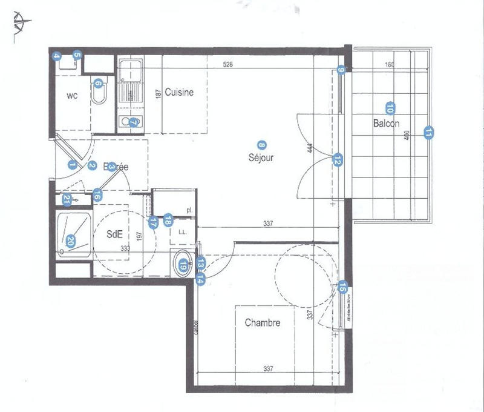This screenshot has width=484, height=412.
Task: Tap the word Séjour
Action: tap(261, 158)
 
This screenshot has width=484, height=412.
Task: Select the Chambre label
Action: tap(262, 323)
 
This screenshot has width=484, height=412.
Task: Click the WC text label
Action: tap(71, 96)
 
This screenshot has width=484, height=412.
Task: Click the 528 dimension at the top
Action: tap(227, 64)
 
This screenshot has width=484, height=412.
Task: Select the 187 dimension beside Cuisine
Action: tap(158, 95)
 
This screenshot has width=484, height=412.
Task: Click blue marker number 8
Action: tap(261, 145)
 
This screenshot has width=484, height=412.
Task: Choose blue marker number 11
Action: tap(429, 133)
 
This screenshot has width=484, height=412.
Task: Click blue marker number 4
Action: tap(56, 57)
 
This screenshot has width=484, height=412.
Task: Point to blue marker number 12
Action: tap(338, 160)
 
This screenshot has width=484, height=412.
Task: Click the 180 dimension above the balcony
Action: tap(390, 64)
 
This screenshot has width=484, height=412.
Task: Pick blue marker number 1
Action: tap(72, 164)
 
